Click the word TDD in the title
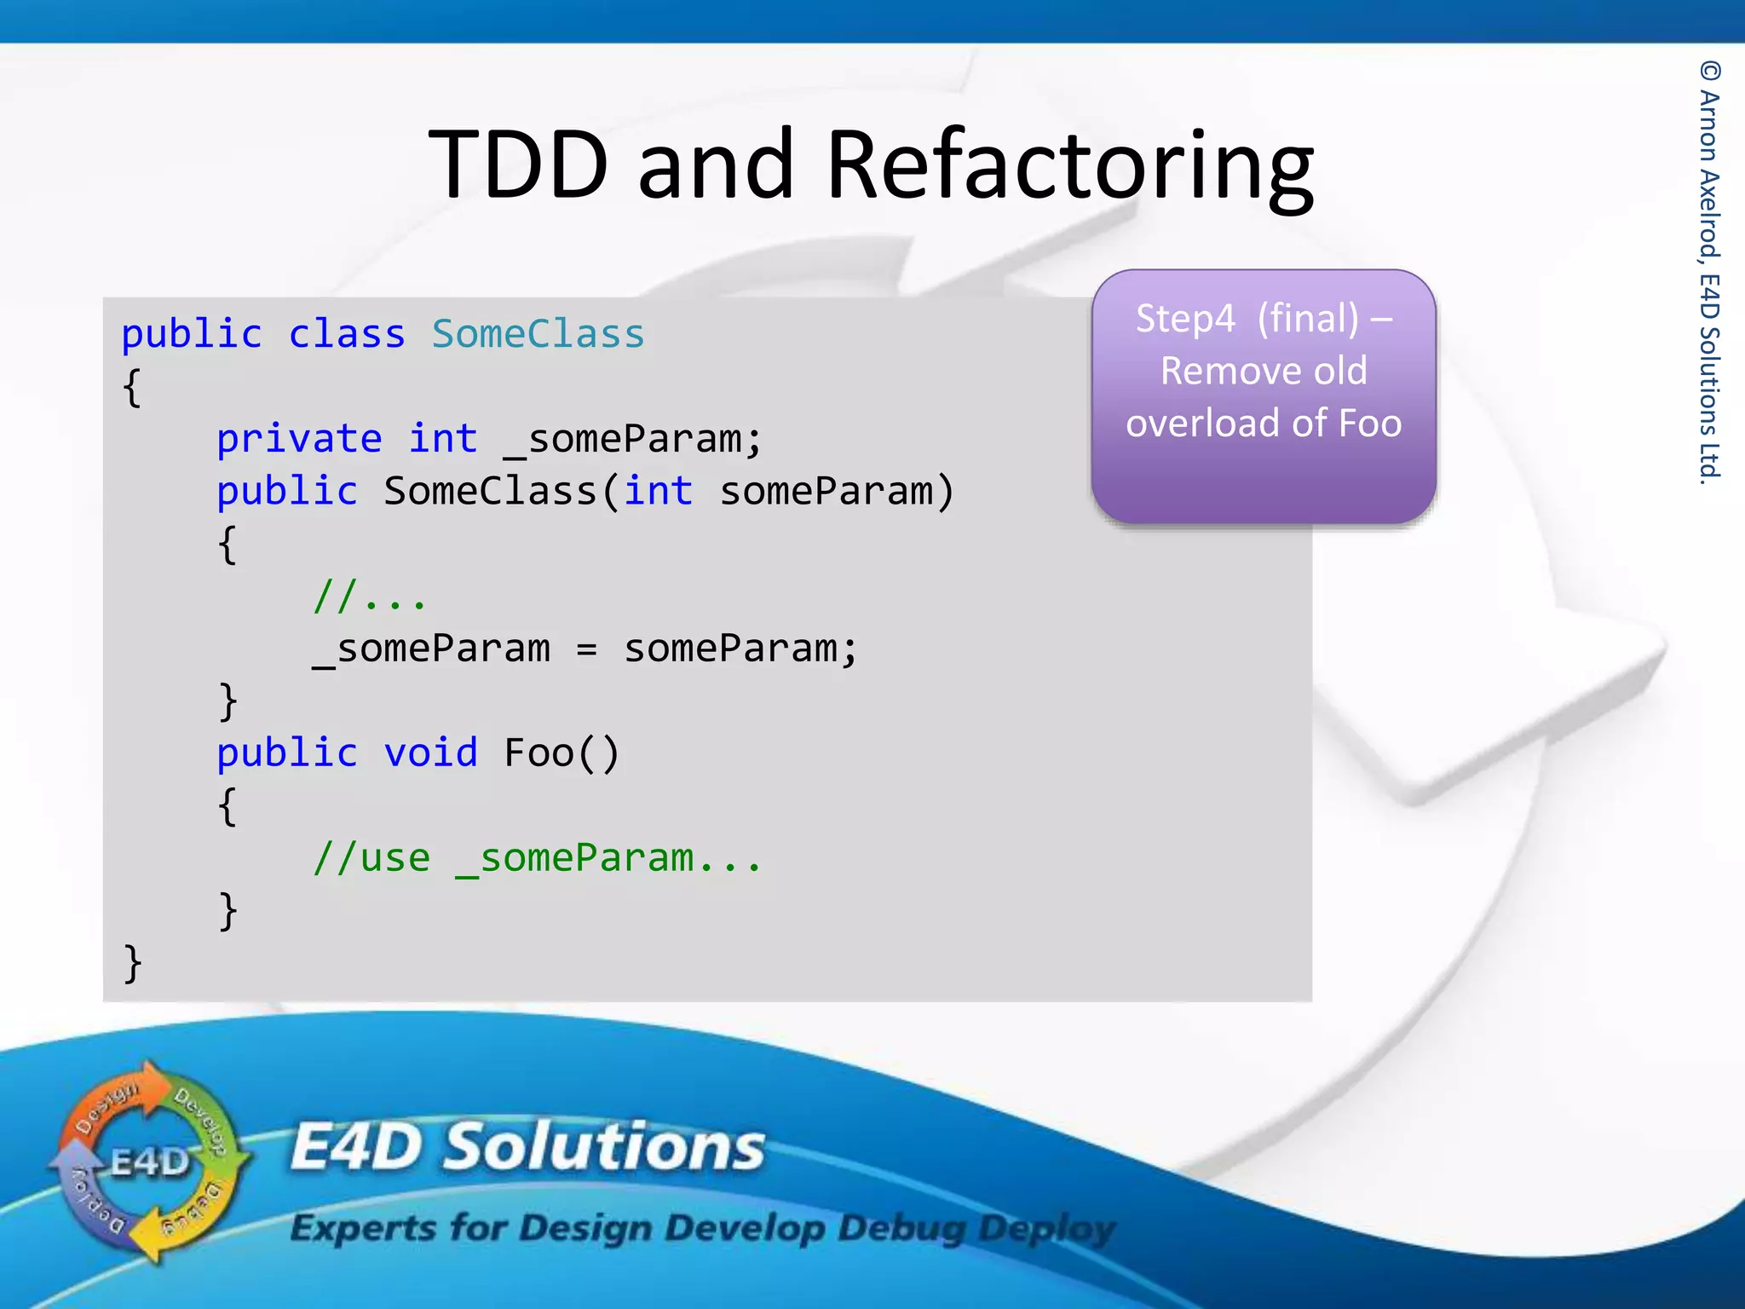518,164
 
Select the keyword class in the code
346,334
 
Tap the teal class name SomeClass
538,334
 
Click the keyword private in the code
299,440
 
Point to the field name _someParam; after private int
632,440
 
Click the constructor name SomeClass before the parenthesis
490,492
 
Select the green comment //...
369,597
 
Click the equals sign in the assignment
586,649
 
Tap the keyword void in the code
430,753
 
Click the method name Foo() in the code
561,753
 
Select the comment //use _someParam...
536,858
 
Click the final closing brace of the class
132,964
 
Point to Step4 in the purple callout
1185,320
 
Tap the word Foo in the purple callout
1370,424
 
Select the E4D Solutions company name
527,1147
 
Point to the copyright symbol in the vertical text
1710,71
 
